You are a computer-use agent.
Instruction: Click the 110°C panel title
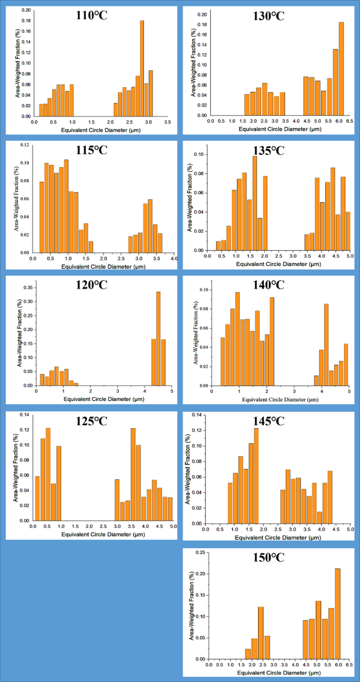point(90,14)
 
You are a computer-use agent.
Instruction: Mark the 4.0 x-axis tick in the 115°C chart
point(173,259)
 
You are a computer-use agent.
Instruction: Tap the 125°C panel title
point(90,421)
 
